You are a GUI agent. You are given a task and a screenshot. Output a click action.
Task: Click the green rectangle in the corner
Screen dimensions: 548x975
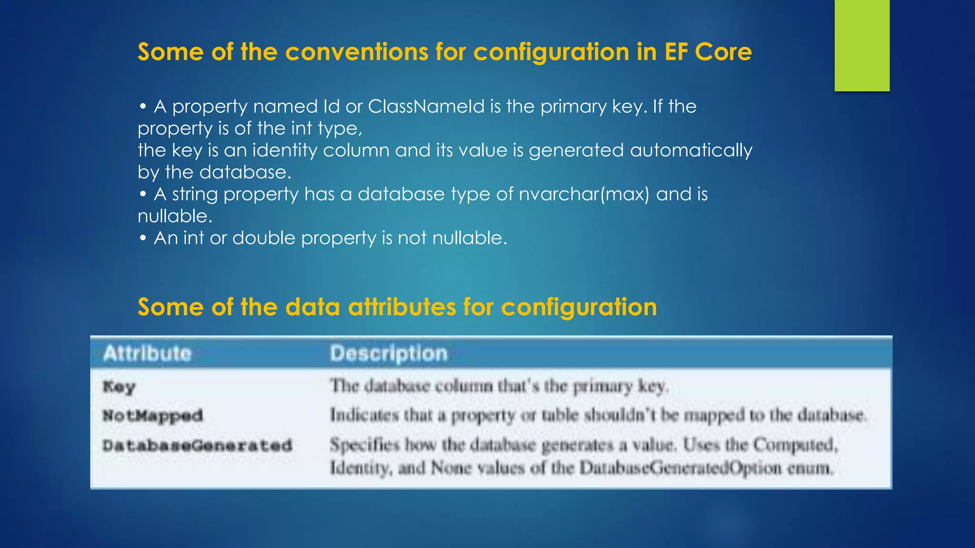tap(862, 45)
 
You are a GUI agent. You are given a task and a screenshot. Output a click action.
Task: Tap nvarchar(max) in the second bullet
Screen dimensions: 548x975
tap(584, 194)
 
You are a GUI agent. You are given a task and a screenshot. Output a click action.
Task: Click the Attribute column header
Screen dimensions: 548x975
tap(148, 353)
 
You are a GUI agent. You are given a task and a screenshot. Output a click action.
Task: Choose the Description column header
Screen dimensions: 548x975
tap(388, 353)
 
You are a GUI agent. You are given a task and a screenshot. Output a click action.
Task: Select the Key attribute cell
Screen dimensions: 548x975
tap(119, 386)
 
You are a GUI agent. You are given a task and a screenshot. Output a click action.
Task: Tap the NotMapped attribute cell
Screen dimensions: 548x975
tap(153, 416)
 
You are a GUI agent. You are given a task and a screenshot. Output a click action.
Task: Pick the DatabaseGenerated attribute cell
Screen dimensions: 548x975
tap(197, 446)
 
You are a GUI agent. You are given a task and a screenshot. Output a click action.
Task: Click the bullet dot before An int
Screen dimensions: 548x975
tap(143, 238)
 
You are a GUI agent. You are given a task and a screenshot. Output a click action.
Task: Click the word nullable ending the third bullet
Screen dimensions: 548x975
tap(469, 238)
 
